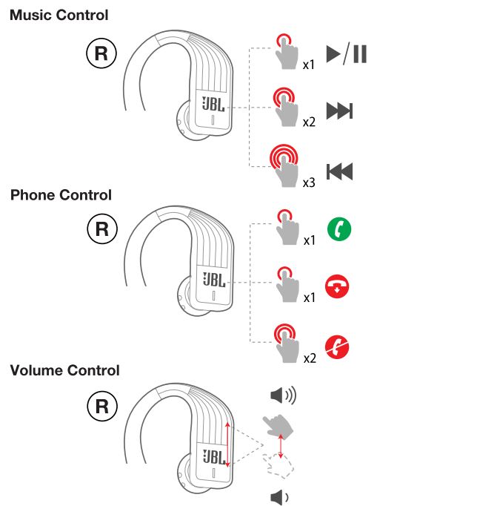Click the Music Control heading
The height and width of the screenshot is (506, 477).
[x=59, y=15]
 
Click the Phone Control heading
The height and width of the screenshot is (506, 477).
[x=61, y=195]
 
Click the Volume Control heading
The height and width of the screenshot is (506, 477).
[x=64, y=370]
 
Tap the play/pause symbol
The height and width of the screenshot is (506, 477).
[x=346, y=55]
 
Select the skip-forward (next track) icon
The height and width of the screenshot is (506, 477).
[x=339, y=111]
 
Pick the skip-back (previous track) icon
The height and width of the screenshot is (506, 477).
[x=339, y=172]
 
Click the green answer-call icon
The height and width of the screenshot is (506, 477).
[x=338, y=228]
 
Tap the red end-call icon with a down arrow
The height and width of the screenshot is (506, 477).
[x=338, y=286]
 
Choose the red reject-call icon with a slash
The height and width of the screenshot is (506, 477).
[x=338, y=346]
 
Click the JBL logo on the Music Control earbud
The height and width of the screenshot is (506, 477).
[x=213, y=103]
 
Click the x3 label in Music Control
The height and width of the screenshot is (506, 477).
[x=309, y=182]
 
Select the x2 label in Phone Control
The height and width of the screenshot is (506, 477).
[x=309, y=358]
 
